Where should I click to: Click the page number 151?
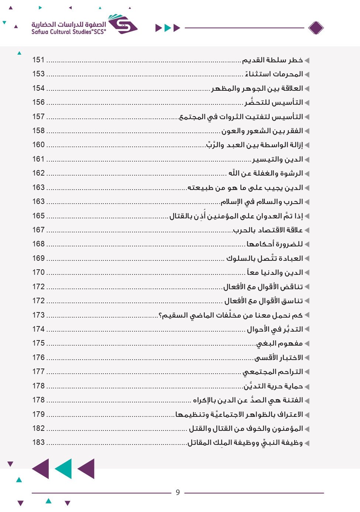tap(38, 60)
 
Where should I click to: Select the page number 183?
tap(38, 442)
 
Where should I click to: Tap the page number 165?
tap(38, 216)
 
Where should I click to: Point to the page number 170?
tap(38, 272)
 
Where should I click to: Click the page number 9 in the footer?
tap(178, 492)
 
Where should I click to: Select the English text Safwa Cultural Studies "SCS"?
tap(68, 32)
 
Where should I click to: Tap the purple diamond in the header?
tap(316, 28)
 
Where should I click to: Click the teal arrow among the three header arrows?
tap(168, 28)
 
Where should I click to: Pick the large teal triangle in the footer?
tap(64, 469)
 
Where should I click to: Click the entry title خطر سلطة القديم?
tap(272, 60)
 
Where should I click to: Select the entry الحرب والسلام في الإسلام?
tap(262, 202)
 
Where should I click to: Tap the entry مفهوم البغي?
tap(280, 343)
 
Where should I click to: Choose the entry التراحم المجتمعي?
tap(273, 372)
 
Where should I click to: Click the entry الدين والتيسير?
tap(278, 159)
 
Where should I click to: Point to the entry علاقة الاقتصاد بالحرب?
tap(268, 230)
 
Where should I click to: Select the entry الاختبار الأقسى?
tap(279, 358)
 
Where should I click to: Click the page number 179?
tap(38, 414)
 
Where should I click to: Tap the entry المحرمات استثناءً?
tap(274, 74)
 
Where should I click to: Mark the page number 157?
tap(38, 117)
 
